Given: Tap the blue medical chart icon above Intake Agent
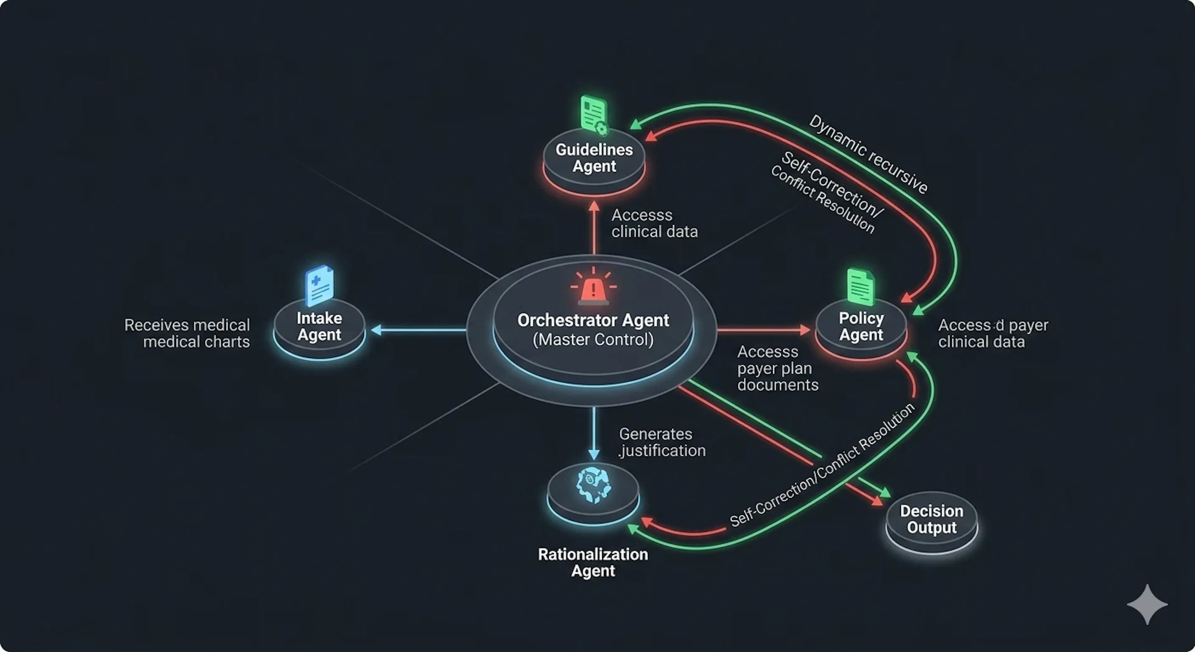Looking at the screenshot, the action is (320, 285).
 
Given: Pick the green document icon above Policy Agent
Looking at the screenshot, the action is (860, 287).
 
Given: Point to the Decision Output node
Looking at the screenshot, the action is (931, 522).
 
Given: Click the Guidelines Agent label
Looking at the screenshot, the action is (594, 158).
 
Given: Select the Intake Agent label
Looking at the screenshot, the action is (320, 326).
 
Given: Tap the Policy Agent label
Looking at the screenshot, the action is (861, 326).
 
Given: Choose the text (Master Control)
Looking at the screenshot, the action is (593, 340).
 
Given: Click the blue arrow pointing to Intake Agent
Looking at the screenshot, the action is (419, 330).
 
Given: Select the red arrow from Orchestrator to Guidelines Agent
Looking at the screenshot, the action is (594, 227).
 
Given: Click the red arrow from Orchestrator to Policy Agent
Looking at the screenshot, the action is (764, 330).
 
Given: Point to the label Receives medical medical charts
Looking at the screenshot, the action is (187, 333).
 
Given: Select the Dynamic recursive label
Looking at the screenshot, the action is (869, 154).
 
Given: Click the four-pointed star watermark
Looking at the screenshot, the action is (1147, 604).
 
